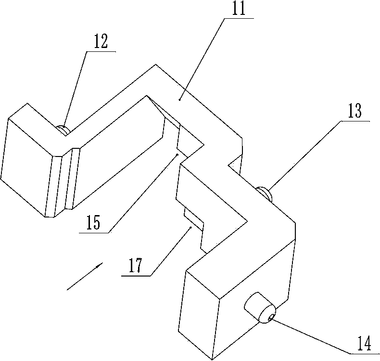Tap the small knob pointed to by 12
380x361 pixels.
pyautogui.click(x=63, y=129)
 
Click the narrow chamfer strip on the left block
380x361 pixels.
pyautogui.click(x=67, y=180)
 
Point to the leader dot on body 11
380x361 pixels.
pyautogui.click(x=179, y=99)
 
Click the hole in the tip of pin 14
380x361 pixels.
pyautogui.click(x=271, y=316)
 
